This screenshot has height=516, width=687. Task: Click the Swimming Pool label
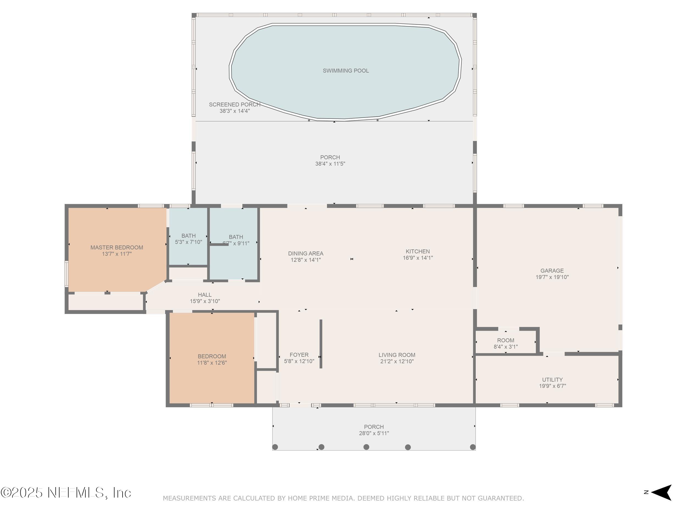pyautogui.click(x=346, y=71)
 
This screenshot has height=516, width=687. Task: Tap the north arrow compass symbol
pyautogui.click(x=661, y=492)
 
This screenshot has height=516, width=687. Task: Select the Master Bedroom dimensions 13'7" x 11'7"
pyautogui.click(x=117, y=254)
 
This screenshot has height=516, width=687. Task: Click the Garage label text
pyautogui.click(x=552, y=271)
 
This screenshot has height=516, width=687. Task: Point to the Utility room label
pyautogui.click(x=552, y=380)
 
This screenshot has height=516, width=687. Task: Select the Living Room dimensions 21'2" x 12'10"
pyautogui.click(x=397, y=361)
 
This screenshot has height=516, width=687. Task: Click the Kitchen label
pyautogui.click(x=418, y=251)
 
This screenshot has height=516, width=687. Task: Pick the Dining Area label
pyautogui.click(x=306, y=253)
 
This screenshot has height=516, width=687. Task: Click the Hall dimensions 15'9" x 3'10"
pyautogui.click(x=205, y=301)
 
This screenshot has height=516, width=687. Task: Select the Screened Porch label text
pyautogui.click(x=234, y=105)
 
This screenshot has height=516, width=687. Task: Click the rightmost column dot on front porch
pyautogui.click(x=473, y=447)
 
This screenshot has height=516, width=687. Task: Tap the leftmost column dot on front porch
pyautogui.click(x=275, y=447)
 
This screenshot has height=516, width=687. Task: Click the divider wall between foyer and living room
pyautogui.click(x=321, y=344)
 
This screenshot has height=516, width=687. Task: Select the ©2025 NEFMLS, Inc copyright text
pyautogui.click(x=66, y=493)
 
